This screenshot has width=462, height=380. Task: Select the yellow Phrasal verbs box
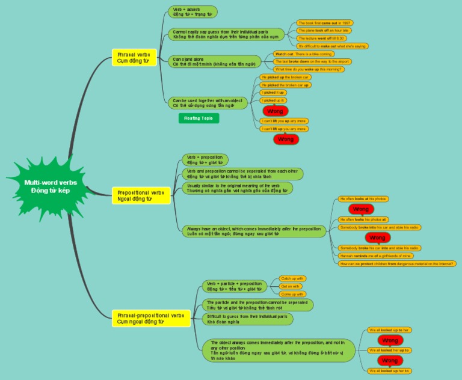[x=134, y=57]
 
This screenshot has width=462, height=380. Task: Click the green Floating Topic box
[x=199, y=118]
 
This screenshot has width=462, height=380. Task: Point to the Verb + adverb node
[x=192, y=12]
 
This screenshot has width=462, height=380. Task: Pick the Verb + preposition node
[x=205, y=159]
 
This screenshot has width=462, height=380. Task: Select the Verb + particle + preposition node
[x=234, y=286]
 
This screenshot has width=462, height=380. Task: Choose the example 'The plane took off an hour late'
[x=324, y=30]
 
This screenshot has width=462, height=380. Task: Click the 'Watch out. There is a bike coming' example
[x=303, y=54]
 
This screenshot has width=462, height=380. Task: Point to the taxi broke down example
[x=311, y=61]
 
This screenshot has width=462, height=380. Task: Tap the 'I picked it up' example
[x=273, y=93]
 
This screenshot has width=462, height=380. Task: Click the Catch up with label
[x=293, y=278]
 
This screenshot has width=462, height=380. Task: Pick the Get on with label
[x=291, y=286]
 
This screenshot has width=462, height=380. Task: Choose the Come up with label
[x=292, y=294]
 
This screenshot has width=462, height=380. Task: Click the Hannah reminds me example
[x=376, y=256]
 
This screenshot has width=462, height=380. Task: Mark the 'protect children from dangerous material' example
[x=397, y=263]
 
